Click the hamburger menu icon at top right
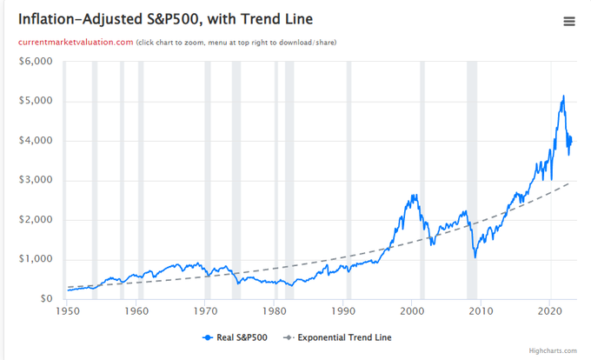pyautogui.click(x=569, y=22)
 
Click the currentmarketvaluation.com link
pyautogui.click(x=76, y=42)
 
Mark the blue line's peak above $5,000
pyautogui.click(x=563, y=96)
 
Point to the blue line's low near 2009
pyautogui.click(x=475, y=257)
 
